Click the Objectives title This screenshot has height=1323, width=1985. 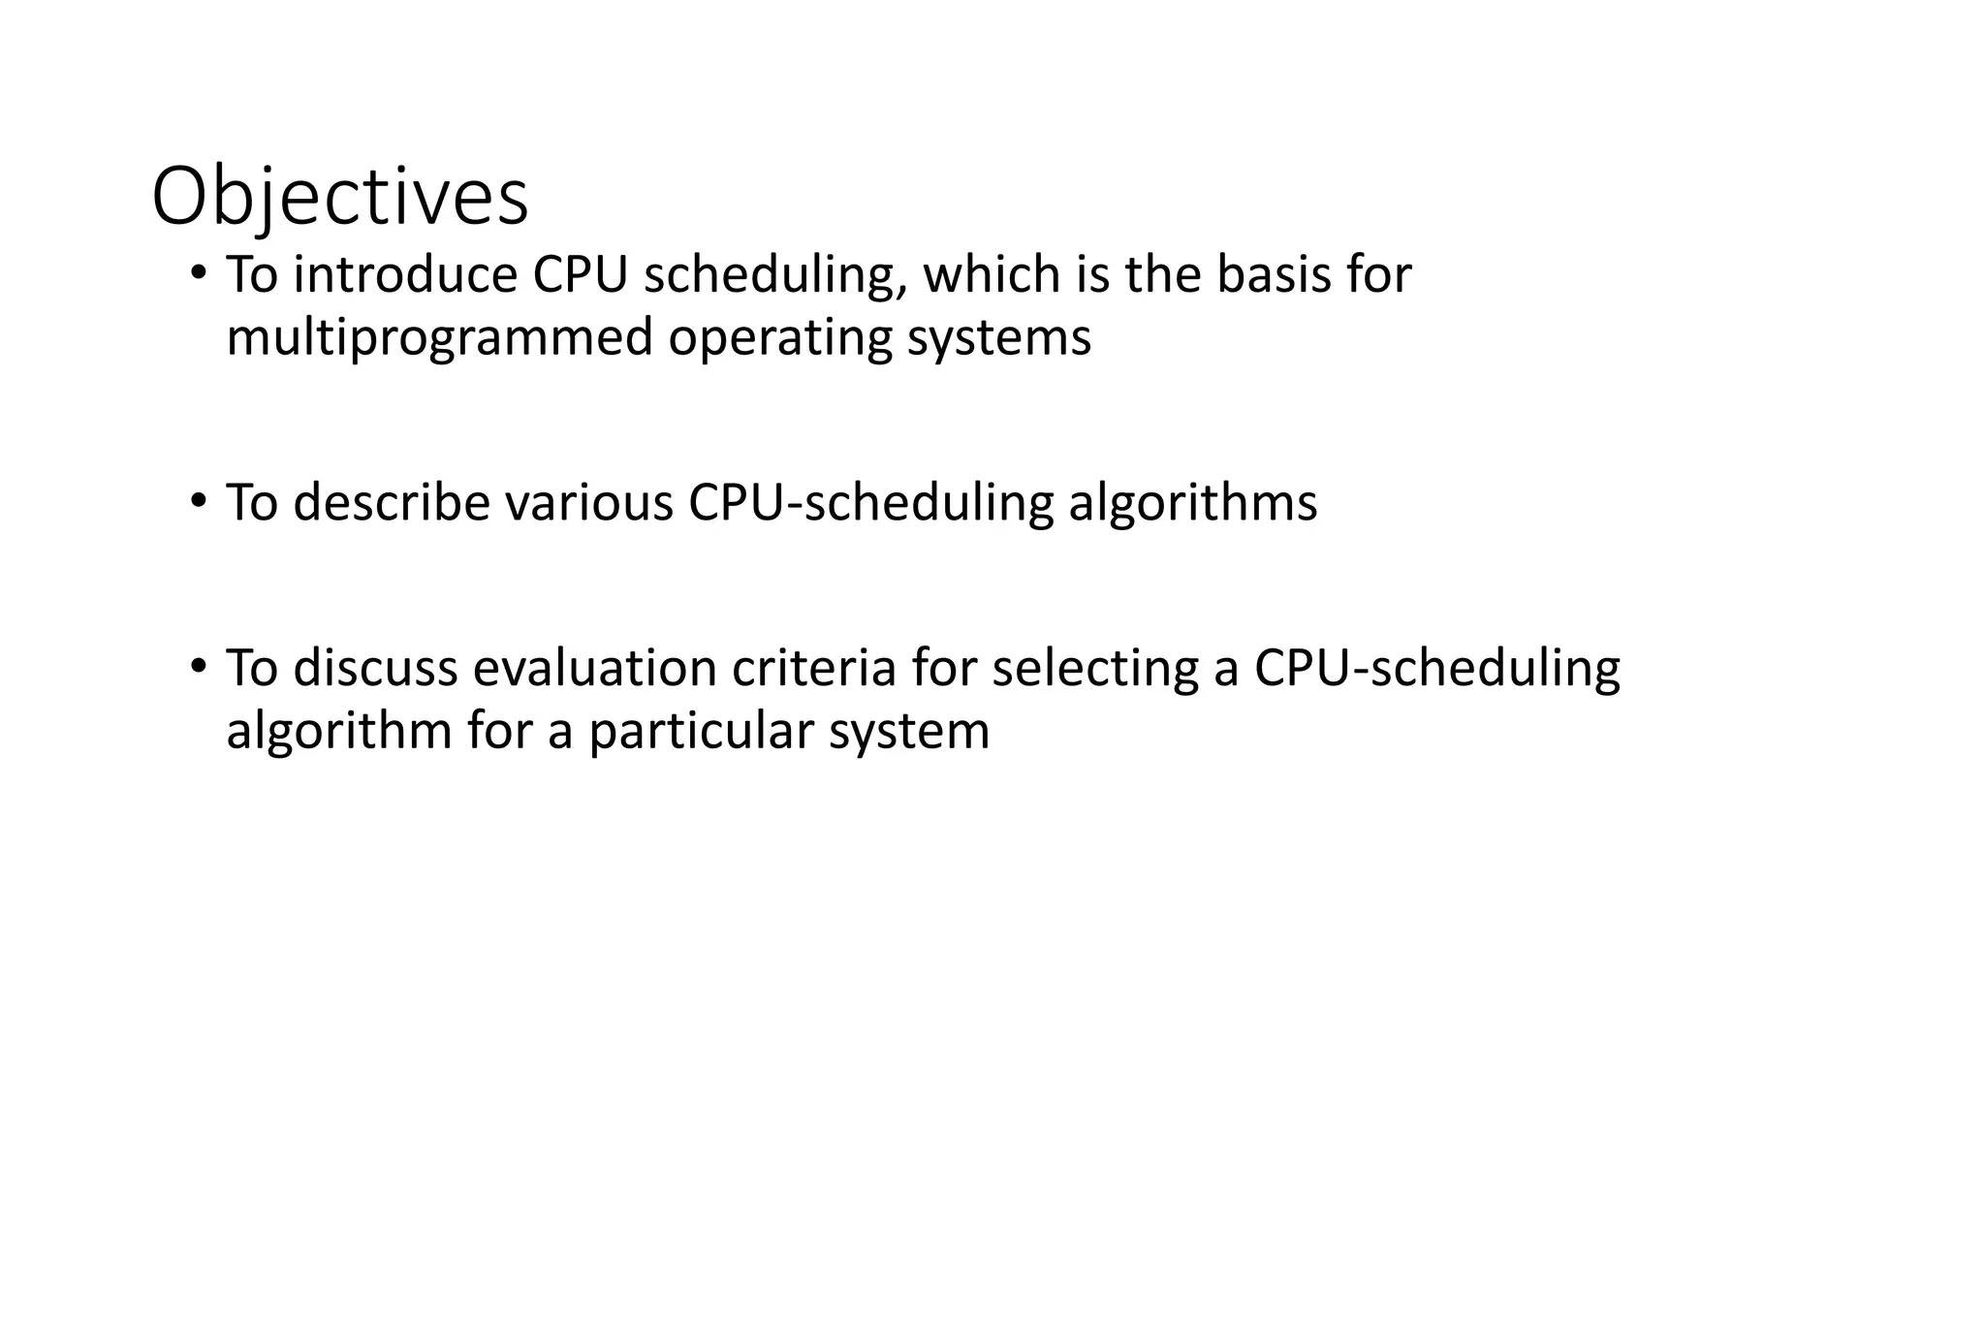click(340, 199)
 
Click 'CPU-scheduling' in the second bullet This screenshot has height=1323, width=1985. click(870, 504)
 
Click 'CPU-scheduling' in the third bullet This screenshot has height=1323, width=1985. click(1436, 669)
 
